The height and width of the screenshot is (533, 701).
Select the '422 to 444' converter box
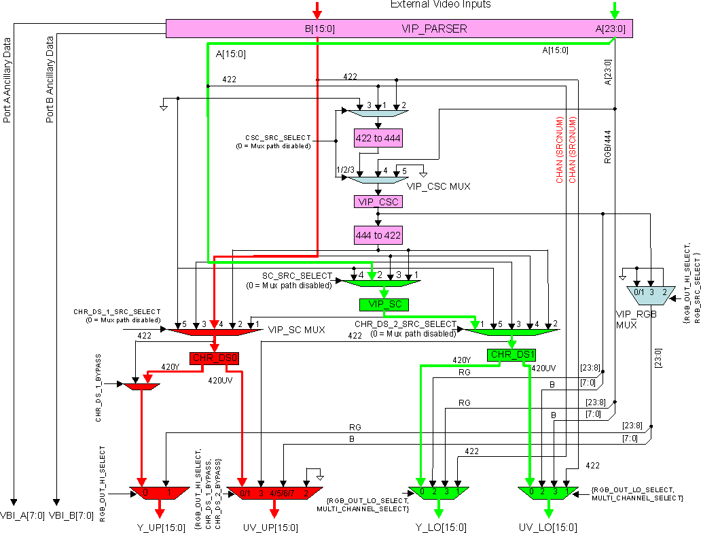(378, 138)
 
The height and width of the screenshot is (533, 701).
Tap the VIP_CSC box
(378, 202)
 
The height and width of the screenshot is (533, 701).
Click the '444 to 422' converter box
(378, 235)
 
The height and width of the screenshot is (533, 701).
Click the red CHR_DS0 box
(214, 358)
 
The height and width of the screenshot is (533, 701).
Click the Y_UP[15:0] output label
(160, 527)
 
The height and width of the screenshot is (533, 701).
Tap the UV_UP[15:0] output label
(270, 527)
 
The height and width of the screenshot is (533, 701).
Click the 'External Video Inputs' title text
(440, 5)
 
